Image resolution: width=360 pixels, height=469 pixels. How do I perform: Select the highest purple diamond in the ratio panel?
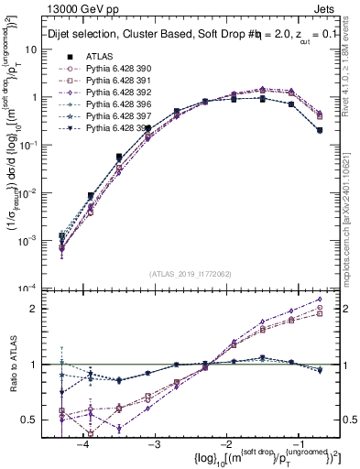click(320, 299)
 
